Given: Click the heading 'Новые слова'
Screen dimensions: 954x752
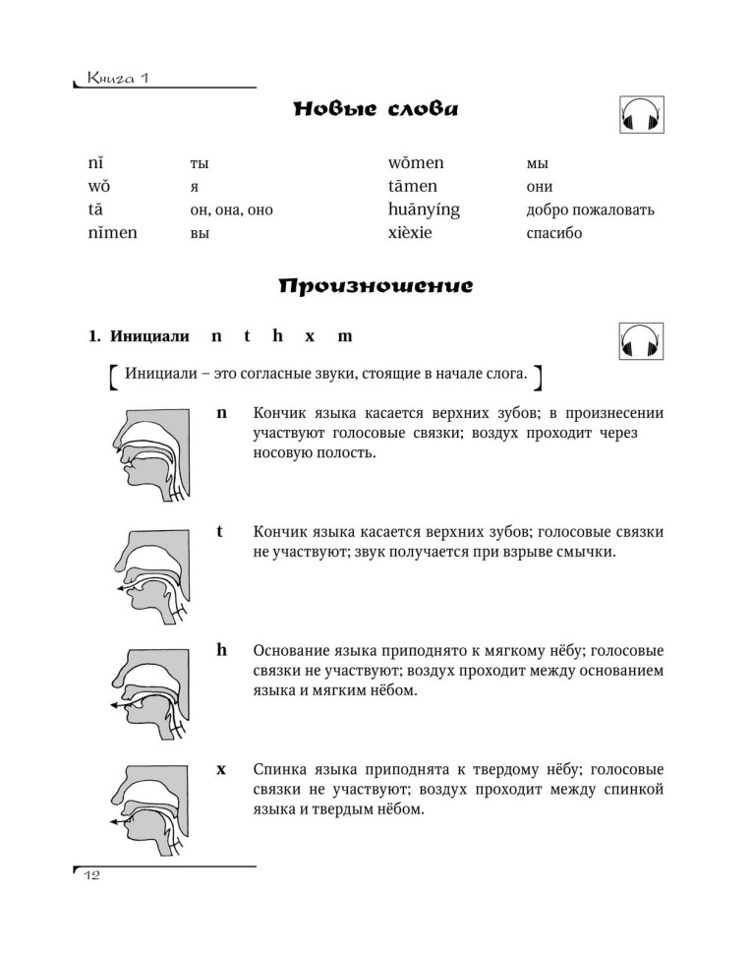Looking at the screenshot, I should [376, 110].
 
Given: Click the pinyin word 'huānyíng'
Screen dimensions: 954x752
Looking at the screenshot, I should [424, 210].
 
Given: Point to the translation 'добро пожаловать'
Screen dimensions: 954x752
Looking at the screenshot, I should [590, 210].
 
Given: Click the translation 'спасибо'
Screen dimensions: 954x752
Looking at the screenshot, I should [554, 234].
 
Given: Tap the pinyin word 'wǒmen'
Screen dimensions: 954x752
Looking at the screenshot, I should [416, 163].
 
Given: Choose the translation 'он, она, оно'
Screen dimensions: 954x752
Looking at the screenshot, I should [231, 210].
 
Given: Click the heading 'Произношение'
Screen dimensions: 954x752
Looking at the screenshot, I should [376, 287].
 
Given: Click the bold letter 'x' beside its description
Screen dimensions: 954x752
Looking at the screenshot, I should [220, 768].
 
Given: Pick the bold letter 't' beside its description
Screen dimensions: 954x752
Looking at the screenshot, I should [219, 532].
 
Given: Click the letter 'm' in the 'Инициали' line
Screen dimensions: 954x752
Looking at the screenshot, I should [344, 336].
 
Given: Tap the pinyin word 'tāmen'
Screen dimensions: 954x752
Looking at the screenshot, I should [413, 187].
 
